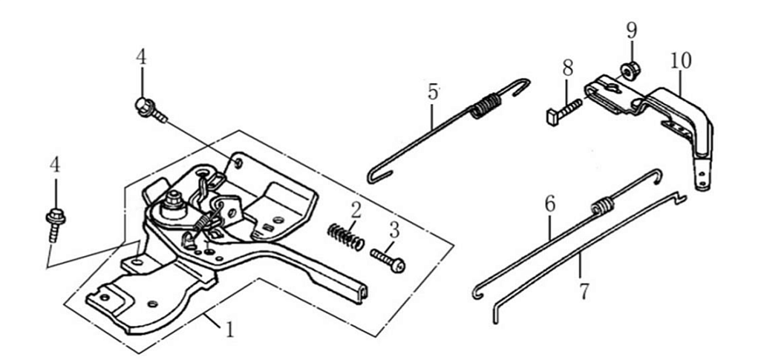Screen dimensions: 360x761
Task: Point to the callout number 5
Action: pos(434,93)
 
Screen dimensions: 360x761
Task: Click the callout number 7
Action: pos(584,290)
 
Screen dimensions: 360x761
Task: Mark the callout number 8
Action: pos(568,68)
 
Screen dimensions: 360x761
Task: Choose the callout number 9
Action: pos(631,31)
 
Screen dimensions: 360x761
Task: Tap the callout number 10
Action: pos(680,60)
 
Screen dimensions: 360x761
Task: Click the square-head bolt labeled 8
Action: pos(564,109)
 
